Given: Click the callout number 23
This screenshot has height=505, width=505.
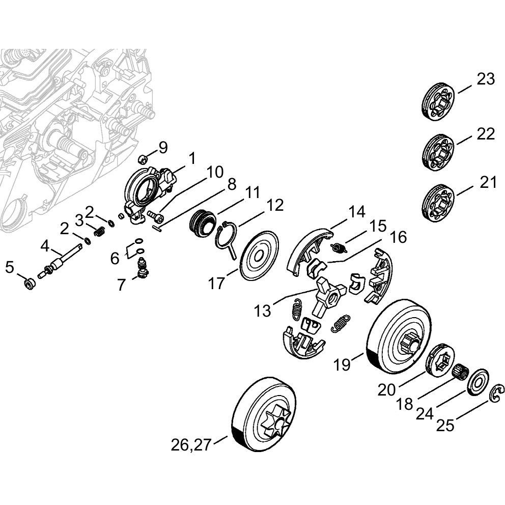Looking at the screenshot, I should click(x=486, y=80).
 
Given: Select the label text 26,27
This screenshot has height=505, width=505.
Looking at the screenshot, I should click(x=191, y=445).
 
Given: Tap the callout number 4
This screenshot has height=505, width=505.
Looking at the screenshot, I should click(x=45, y=247).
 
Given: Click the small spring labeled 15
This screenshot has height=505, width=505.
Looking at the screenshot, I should click(x=339, y=248).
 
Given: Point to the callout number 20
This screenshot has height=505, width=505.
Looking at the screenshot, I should click(x=386, y=390).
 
